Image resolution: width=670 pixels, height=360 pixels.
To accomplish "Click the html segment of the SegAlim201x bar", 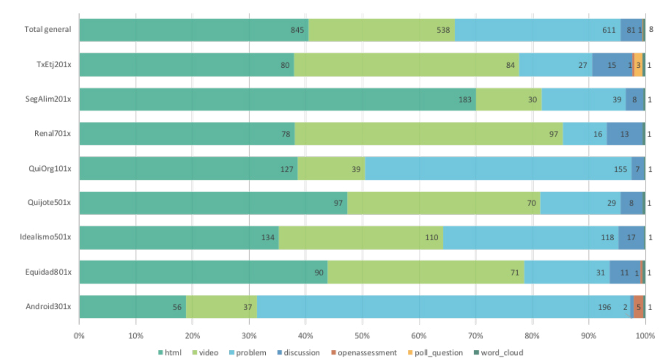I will pyautogui.click(x=277, y=99).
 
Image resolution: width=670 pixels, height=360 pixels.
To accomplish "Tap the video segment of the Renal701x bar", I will pyautogui.click(x=428, y=134).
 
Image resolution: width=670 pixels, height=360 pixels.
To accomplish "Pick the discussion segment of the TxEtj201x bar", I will pyautogui.click(x=612, y=65).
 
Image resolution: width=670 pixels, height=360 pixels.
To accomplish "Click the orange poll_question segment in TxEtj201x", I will pyautogui.click(x=638, y=65).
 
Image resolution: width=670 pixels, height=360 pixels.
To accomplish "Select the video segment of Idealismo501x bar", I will pyautogui.click(x=361, y=238).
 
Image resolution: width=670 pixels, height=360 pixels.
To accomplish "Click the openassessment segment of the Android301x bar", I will pyautogui.click(x=638, y=307).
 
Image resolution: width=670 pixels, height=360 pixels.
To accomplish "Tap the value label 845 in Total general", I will pyautogui.click(x=297, y=30).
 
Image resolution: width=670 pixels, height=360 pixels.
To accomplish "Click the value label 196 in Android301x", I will pyautogui.click(x=604, y=307).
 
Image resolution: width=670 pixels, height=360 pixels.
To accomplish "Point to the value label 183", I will pyautogui.click(x=465, y=100).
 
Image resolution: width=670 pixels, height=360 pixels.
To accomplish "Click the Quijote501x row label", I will pyautogui.click(x=49, y=202).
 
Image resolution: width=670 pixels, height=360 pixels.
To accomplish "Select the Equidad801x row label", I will pyautogui.click(x=48, y=272).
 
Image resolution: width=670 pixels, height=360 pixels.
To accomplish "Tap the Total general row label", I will pyautogui.click(x=48, y=29).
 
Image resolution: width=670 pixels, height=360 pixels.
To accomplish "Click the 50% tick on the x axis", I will pyautogui.click(x=362, y=336).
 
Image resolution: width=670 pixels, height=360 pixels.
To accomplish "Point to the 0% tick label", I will pyautogui.click(x=79, y=336).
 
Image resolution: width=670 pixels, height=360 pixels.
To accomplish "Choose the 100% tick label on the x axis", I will pyautogui.click(x=645, y=336).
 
